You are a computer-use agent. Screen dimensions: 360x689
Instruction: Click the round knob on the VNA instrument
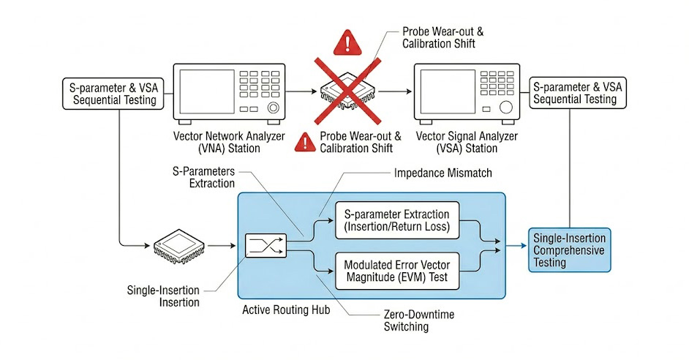274,108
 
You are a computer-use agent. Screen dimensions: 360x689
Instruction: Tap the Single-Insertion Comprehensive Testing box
569,250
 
